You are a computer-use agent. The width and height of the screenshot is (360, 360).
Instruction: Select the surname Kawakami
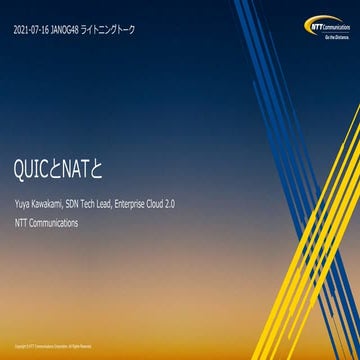point(56,204)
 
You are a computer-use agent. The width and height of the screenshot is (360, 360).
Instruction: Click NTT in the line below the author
point(22,222)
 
